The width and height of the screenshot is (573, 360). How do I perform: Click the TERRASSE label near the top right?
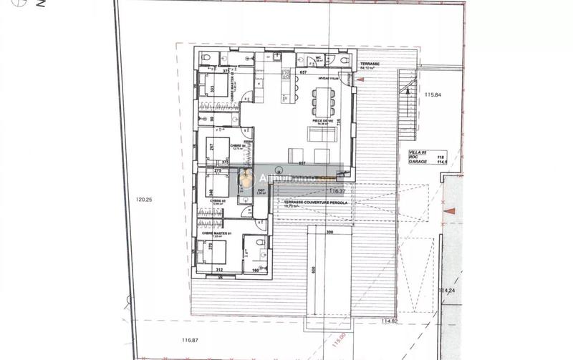coord(370,63)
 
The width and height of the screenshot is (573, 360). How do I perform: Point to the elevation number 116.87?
coord(190,340)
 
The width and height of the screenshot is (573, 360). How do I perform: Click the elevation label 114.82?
coord(390,321)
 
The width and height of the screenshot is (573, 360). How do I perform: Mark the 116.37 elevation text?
coord(337,191)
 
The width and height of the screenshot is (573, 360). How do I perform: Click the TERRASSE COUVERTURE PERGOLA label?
coord(316,203)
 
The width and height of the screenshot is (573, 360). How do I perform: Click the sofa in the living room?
coord(317,134)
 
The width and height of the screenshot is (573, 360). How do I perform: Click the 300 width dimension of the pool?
coord(329,233)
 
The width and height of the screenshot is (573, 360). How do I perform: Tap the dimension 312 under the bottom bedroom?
coord(219,270)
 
